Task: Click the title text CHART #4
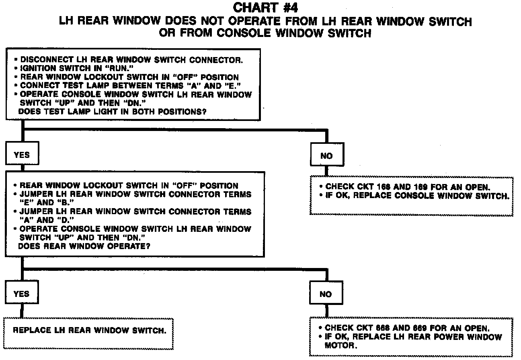266,8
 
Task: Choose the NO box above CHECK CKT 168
326,156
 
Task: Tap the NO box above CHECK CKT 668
326,295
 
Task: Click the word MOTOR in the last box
340,345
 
